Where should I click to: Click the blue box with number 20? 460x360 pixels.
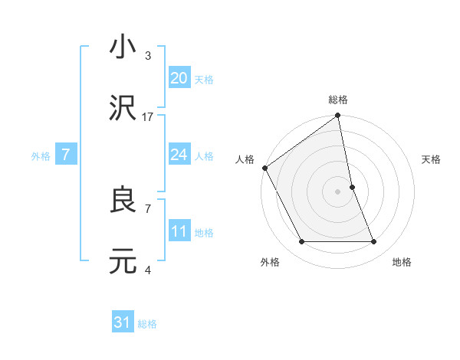(179, 77)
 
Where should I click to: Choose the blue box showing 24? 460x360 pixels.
(179, 155)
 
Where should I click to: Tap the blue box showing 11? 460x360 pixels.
(179, 231)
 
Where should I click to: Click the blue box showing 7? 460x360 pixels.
(66, 155)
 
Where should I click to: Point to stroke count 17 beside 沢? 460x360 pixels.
(148, 116)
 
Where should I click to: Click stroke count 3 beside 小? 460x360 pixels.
(147, 55)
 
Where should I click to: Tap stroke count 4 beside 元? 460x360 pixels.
(147, 270)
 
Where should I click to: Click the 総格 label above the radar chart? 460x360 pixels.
(338, 100)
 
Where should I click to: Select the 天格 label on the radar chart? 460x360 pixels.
(432, 159)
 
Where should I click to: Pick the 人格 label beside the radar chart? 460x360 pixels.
(245, 159)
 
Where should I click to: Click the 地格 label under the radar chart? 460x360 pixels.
(402, 262)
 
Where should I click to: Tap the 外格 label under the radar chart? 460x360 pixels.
(269, 262)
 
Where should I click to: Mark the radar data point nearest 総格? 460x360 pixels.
(338, 116)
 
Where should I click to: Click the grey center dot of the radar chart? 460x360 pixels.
(338, 191)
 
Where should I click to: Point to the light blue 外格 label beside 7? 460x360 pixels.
(41, 155)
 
